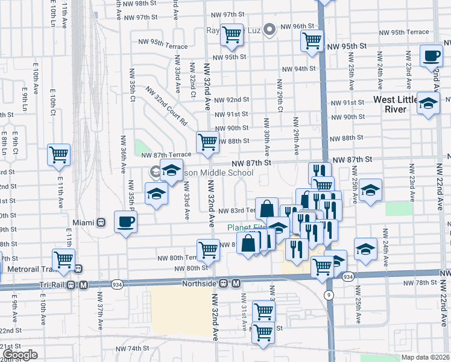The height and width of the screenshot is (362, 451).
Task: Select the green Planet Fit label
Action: tap(247, 227)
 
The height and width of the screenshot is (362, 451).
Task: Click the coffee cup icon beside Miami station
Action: tap(125, 222)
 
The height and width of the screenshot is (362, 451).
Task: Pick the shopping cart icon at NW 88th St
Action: tap(207, 142)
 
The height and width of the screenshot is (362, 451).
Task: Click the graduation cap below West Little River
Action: tap(428, 103)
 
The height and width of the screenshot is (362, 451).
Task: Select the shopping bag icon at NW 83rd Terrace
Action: tap(266, 209)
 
